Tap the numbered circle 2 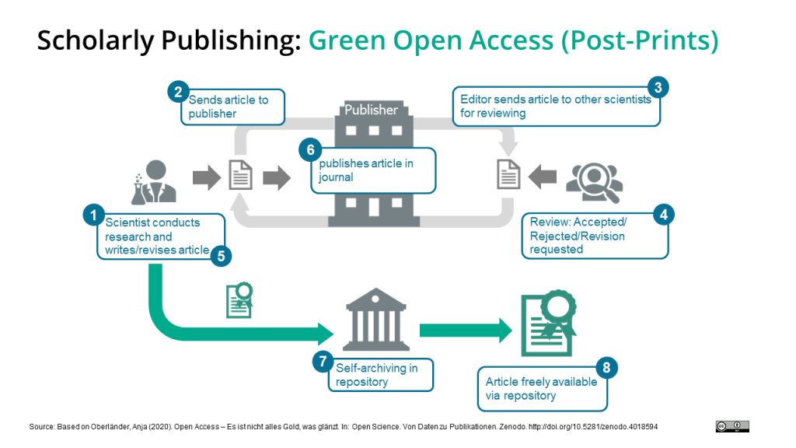(179, 92)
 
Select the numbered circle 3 (658, 87)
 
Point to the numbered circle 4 (663, 214)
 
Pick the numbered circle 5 (221, 254)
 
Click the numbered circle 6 (309, 151)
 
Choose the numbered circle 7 (322, 361)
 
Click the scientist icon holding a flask (154, 181)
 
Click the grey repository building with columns (376, 318)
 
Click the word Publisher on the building (371, 110)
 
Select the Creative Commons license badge (732, 426)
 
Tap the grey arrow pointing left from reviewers (542, 177)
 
